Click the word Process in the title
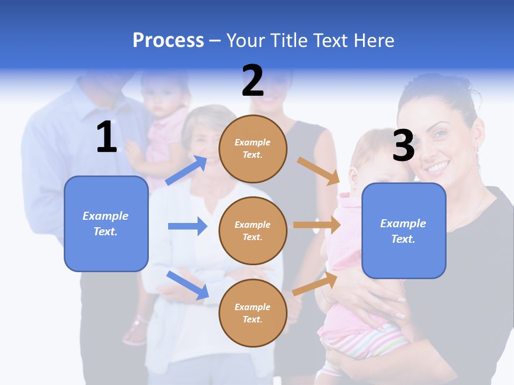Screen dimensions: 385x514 [x=168, y=40]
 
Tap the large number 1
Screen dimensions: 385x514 [x=107, y=137]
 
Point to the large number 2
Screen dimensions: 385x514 [x=253, y=80]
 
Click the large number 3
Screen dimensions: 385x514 [x=403, y=145]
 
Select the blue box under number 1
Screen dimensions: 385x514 [x=106, y=224]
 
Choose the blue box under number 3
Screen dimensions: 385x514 [x=404, y=230]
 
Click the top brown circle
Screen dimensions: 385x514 [x=253, y=149]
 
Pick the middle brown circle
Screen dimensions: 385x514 [x=253, y=230]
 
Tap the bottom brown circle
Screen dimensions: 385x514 [x=253, y=313]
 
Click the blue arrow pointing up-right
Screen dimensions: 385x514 [x=187, y=170]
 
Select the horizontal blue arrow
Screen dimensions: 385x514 [x=188, y=226]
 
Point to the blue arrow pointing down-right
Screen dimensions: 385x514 [x=188, y=285]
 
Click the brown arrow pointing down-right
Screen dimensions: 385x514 [x=319, y=171]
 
